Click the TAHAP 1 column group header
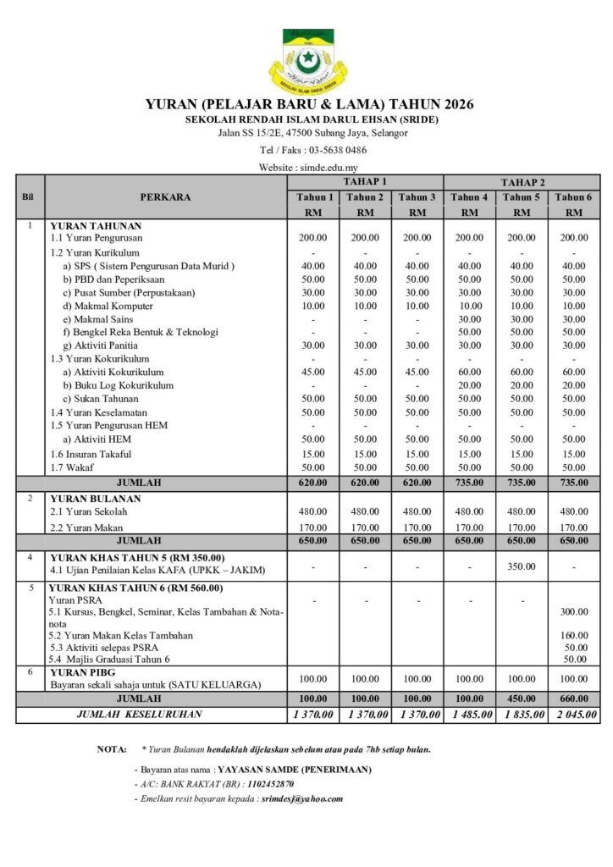[x=365, y=182]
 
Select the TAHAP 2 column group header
[x=522, y=182]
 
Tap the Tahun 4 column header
[x=469, y=197]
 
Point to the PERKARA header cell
[x=165, y=197]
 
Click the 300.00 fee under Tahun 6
[x=575, y=610]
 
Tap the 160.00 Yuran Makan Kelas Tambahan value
[x=575, y=635]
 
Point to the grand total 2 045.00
[x=575, y=715]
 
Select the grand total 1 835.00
[x=522, y=715]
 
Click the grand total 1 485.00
[x=469, y=715]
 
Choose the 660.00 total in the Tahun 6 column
[x=575, y=699]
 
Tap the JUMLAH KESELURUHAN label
[x=139, y=715]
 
